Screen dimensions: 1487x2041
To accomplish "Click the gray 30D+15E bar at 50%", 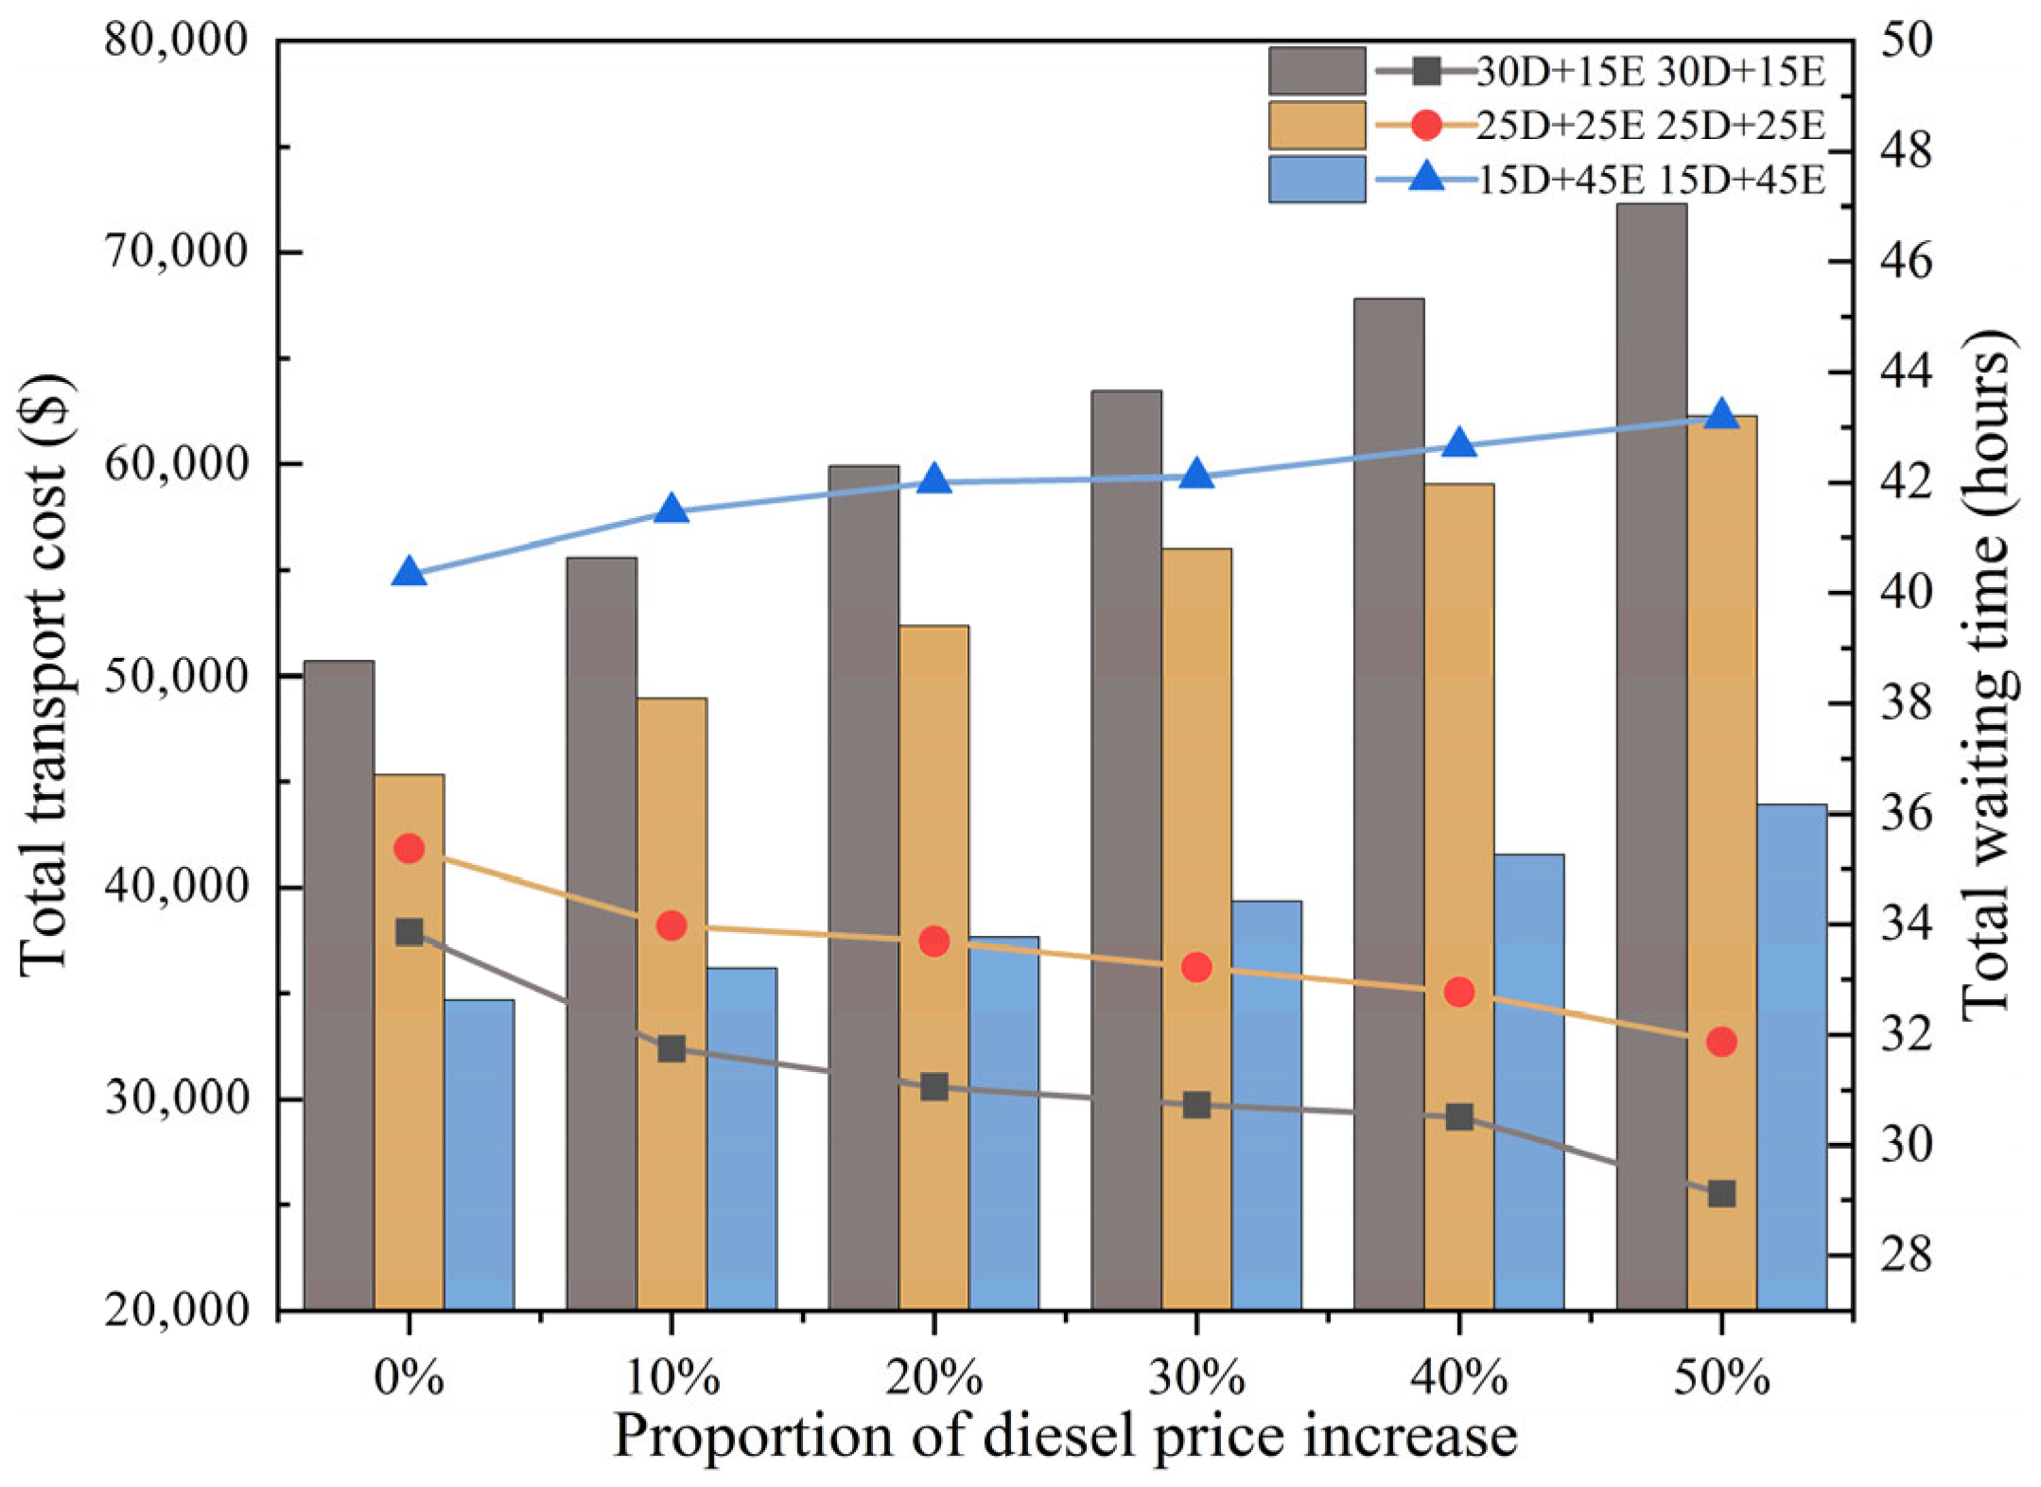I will coord(1650,756).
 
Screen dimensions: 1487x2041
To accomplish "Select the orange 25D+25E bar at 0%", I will coord(409,1040).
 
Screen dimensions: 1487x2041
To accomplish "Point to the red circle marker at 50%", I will coord(1721,1042).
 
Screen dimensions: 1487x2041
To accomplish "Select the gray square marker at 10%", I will coord(672,1049).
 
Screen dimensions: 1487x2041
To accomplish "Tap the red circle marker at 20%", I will coord(934,941).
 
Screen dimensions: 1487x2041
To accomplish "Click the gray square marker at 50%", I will coord(1721,1194).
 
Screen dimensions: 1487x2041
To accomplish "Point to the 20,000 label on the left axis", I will coord(176,1311).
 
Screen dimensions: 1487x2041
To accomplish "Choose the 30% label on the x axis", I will coord(1196,1378).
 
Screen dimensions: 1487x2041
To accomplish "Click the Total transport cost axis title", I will coord(44,675).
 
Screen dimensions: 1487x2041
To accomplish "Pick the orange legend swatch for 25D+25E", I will coord(1317,126).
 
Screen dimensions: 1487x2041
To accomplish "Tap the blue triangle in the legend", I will coord(1426,177).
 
